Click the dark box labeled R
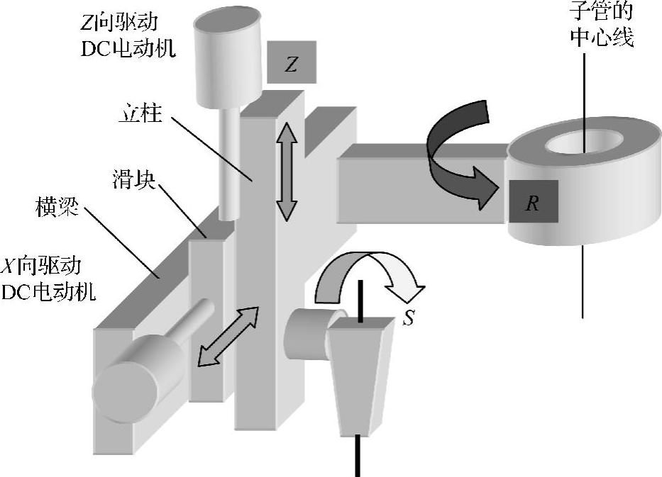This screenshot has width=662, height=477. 532,202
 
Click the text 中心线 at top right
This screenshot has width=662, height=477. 602,35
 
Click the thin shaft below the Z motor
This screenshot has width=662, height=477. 228,163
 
